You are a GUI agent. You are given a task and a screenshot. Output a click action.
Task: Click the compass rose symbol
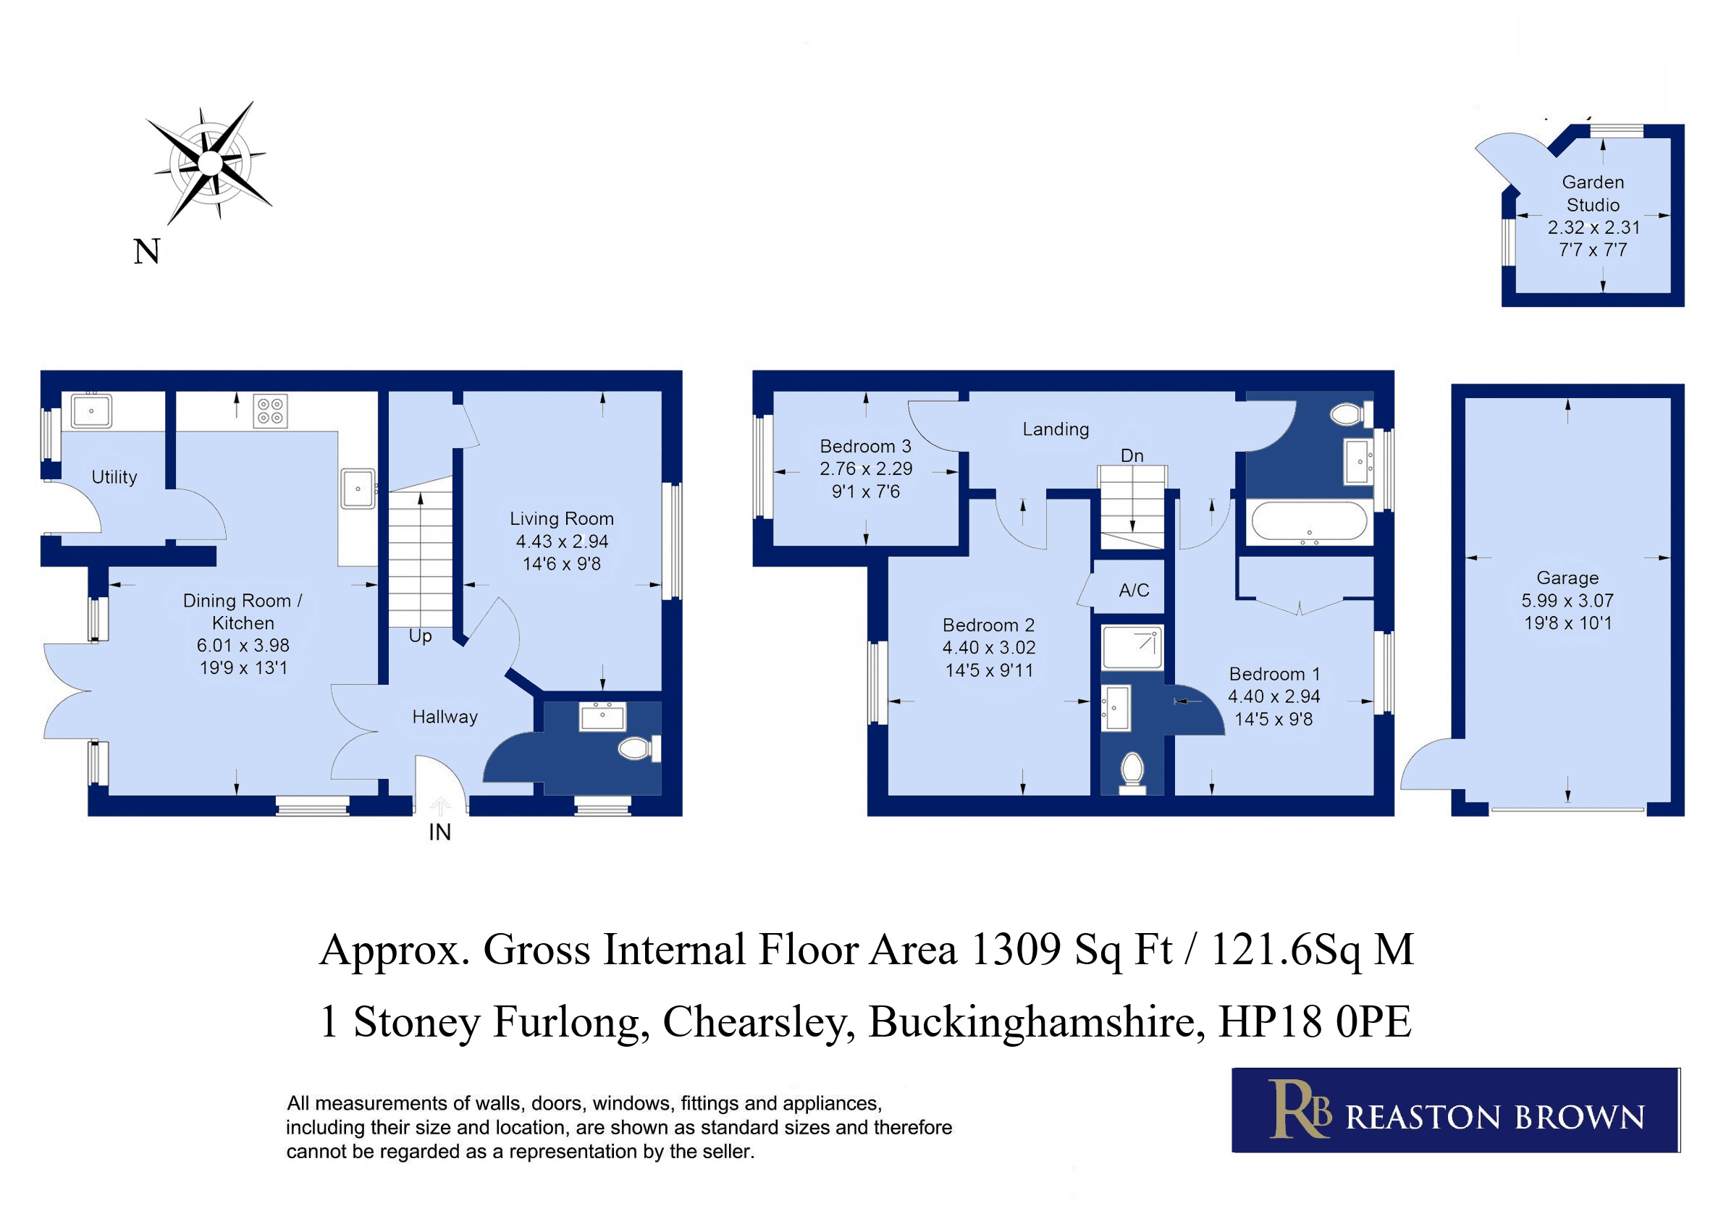point(211,163)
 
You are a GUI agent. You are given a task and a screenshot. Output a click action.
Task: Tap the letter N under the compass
point(146,252)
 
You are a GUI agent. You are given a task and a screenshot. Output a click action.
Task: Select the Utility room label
point(114,477)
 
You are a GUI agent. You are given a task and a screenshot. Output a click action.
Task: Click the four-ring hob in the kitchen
point(270,411)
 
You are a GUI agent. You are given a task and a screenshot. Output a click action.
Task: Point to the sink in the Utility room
point(92,410)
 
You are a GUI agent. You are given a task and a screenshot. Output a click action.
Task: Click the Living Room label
point(562,518)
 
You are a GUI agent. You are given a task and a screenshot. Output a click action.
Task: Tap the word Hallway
point(445,717)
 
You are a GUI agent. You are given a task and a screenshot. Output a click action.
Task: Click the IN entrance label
point(439,832)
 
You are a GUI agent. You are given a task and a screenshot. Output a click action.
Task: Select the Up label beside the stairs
point(420,636)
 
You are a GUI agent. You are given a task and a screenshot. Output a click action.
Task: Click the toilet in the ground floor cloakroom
point(639,748)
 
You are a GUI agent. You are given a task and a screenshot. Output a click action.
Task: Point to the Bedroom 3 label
point(865,447)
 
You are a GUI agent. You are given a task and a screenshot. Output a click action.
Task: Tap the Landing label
point(1056,429)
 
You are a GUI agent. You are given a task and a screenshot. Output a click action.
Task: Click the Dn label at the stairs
point(1132,455)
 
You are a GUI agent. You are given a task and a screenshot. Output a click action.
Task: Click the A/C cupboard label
point(1134,590)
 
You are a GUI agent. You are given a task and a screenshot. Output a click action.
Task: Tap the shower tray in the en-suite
point(1132,647)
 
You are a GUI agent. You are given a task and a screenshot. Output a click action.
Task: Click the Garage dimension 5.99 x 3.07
point(1567,601)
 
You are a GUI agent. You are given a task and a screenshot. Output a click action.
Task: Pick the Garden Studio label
point(1593,193)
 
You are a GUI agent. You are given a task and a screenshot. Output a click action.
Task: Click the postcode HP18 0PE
point(1315,1022)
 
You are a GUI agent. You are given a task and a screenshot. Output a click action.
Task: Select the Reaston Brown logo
point(1455,1110)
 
